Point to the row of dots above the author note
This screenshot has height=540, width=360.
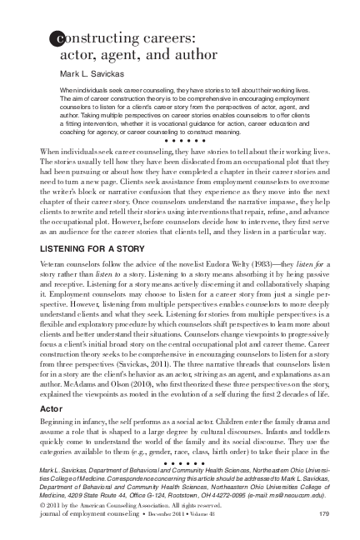[x=180, y=462]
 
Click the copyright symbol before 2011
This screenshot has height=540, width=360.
[x=42, y=505]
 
